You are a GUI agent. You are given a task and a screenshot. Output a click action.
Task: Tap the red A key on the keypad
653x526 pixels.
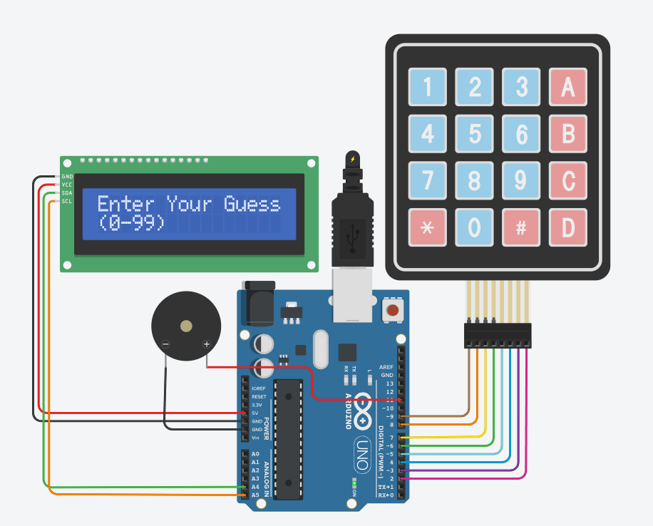[567, 87]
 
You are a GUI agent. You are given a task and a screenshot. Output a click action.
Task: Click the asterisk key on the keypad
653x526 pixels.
[427, 227]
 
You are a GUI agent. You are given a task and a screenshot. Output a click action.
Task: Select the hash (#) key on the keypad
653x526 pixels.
[521, 227]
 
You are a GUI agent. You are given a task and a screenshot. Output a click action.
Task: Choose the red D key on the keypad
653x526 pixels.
[567, 227]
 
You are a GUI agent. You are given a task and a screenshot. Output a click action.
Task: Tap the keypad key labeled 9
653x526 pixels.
[521, 181]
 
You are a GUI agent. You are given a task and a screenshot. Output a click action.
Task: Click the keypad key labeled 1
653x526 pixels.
[427, 87]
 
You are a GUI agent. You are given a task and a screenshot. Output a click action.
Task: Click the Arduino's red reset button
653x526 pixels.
[391, 310]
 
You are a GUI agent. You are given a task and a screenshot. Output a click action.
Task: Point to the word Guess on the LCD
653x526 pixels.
[252, 205]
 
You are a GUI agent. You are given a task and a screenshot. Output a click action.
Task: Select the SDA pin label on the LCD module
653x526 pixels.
[67, 193]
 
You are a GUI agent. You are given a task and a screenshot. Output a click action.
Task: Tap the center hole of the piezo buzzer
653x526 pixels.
[186, 326]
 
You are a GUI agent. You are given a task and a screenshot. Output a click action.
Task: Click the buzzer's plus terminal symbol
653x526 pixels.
[207, 345]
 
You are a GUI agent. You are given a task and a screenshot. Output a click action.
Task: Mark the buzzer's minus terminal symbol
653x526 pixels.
[165, 345]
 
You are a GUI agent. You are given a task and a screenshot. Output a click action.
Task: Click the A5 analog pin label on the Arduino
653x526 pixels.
[255, 495]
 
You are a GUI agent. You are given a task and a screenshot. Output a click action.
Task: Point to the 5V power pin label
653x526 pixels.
[255, 413]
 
